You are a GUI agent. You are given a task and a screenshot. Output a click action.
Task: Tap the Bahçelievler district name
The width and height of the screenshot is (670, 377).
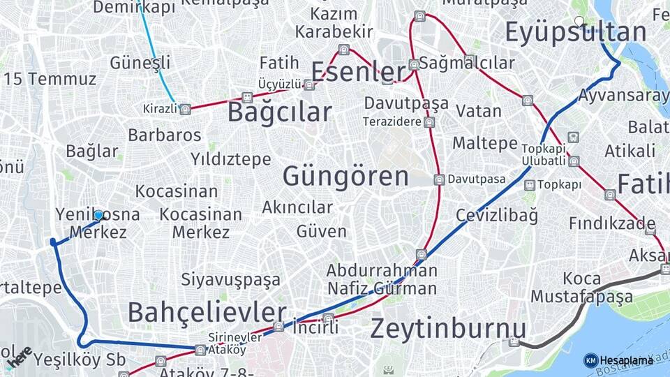(x=207, y=312)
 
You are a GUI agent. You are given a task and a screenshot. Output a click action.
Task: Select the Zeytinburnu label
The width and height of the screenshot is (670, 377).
(x=448, y=327)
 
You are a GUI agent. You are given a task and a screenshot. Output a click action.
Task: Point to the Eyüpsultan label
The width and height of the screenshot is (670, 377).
(x=576, y=32)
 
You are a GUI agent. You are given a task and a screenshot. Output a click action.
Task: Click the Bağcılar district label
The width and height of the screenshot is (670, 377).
(x=279, y=112)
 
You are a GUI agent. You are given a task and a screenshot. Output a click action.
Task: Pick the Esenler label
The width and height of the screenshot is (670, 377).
(x=358, y=71)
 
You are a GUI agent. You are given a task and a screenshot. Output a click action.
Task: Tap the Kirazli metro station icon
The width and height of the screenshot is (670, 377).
(x=185, y=109)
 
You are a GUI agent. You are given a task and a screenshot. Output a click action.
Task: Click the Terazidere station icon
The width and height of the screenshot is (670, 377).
(x=429, y=122)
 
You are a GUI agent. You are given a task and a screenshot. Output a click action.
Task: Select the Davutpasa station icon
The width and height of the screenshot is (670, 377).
(x=439, y=179)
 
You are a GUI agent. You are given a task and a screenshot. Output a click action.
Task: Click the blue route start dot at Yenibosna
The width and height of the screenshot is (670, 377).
(x=98, y=215)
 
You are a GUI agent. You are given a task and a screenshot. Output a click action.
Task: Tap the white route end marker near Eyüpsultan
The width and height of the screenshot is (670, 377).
(x=579, y=21)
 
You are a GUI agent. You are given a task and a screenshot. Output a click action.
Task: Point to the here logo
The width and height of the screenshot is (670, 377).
(x=20, y=356)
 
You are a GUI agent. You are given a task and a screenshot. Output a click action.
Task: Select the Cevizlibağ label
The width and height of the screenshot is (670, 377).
(x=497, y=216)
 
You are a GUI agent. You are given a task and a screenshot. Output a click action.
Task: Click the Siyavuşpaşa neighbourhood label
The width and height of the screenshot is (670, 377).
(x=231, y=280)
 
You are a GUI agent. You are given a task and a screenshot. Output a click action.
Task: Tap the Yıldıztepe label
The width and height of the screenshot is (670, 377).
(x=231, y=160)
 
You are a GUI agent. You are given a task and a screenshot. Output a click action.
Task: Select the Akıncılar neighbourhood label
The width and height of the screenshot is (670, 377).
(x=297, y=207)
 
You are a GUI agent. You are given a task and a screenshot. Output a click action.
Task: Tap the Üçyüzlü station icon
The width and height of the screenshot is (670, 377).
(x=308, y=84)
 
